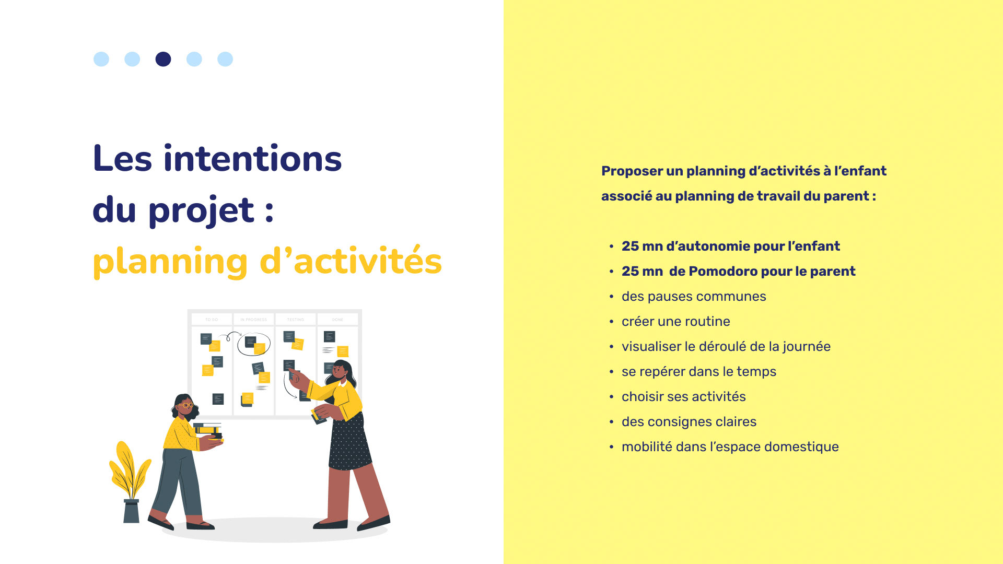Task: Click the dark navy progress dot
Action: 163,59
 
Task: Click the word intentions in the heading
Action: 253,158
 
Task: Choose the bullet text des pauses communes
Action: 694,296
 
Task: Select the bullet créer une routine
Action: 676,321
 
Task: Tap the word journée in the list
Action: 807,347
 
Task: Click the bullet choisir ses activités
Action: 684,396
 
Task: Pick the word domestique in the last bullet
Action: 801,446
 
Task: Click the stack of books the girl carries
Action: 208,431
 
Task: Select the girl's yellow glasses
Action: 185,405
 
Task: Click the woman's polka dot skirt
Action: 349,441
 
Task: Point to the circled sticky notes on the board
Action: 254,345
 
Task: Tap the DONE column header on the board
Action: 337,320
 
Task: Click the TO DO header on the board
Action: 212,320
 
